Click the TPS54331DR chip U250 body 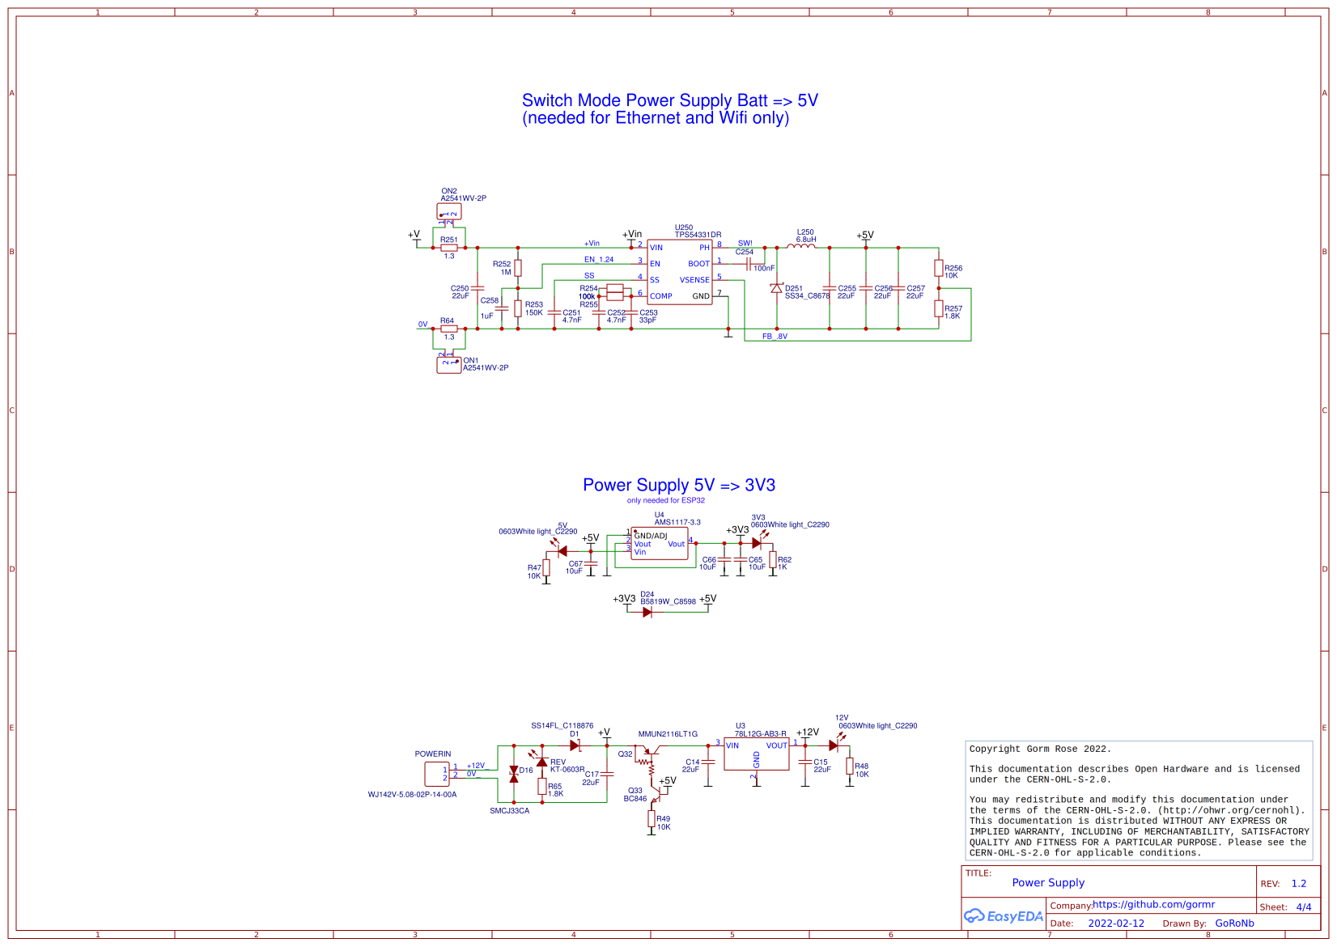(679, 272)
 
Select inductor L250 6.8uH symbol (801, 247)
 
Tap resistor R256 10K (938, 268)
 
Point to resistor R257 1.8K (938, 308)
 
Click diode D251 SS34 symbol (776, 288)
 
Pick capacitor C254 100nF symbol (749, 263)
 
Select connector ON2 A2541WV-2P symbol (448, 213)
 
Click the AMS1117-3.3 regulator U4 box (659, 544)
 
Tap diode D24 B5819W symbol (647, 612)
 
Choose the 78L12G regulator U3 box (756, 754)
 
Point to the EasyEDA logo (1003, 916)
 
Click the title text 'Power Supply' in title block (1047, 883)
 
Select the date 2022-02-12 (1115, 924)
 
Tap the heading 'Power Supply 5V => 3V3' (678, 485)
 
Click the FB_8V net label (775, 337)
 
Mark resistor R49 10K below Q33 (652, 818)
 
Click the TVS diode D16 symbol (513, 774)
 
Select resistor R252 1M (518, 268)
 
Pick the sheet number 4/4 (1303, 907)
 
